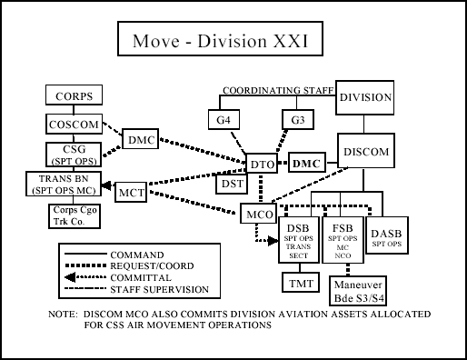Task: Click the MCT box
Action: [132, 192]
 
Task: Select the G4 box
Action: [223, 120]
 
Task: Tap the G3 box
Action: [296, 120]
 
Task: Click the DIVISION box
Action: [365, 97]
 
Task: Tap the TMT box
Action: [299, 284]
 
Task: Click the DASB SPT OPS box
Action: [386, 238]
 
